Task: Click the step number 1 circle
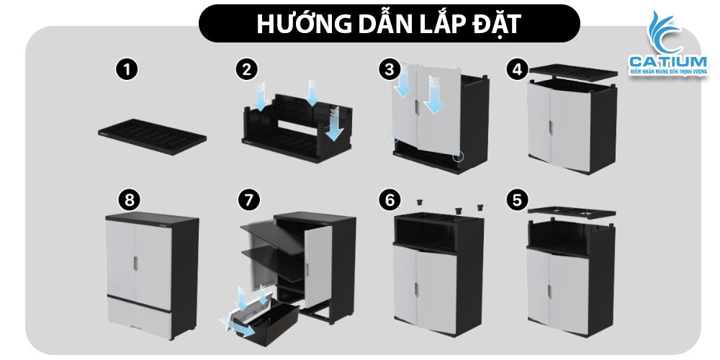pyautogui.click(x=127, y=70)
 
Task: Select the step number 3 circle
pyautogui.click(x=390, y=70)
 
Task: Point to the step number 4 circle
pyautogui.click(x=516, y=70)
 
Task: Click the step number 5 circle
pyautogui.click(x=516, y=200)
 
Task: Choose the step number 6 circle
pyautogui.click(x=390, y=200)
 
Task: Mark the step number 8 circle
pyautogui.click(x=130, y=200)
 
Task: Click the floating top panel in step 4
pyautogui.click(x=574, y=72)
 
